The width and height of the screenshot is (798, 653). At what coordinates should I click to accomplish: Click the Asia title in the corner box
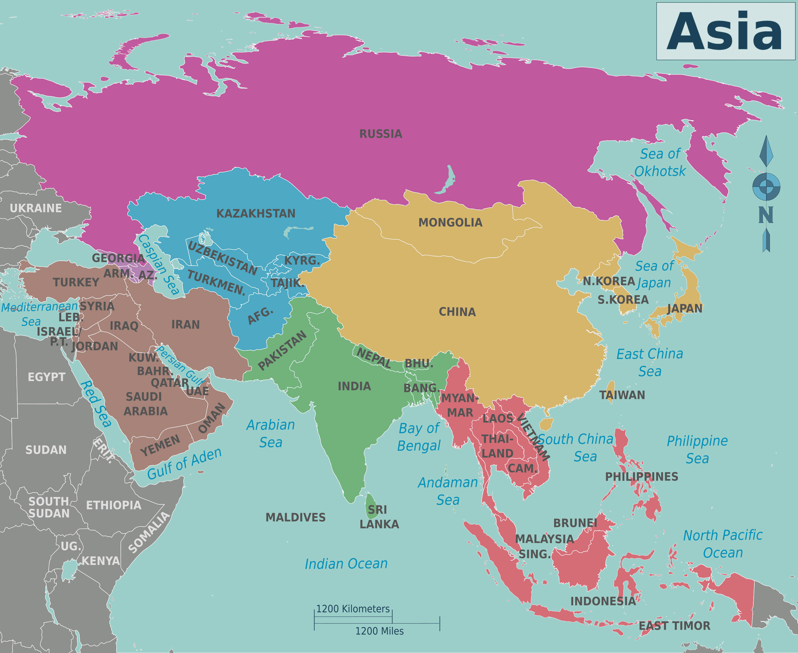[x=725, y=31]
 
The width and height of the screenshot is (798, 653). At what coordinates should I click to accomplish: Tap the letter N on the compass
[x=766, y=215]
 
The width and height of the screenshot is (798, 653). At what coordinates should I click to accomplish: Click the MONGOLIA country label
[x=450, y=222]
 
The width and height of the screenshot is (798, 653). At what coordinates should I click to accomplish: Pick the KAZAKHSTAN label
[x=256, y=213]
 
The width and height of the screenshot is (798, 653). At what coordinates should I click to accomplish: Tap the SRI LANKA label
[x=378, y=517]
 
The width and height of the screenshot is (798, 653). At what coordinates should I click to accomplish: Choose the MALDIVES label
[x=296, y=517]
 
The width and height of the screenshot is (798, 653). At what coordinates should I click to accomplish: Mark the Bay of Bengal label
[x=419, y=437]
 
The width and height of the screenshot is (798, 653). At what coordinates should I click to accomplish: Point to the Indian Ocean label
[x=346, y=563]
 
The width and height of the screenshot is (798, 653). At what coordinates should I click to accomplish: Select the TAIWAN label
[x=622, y=395]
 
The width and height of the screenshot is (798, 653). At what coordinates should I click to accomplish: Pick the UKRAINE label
[x=36, y=208]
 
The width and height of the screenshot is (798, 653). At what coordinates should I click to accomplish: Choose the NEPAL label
[x=373, y=358]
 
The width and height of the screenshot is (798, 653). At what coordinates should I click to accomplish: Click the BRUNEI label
[x=575, y=523]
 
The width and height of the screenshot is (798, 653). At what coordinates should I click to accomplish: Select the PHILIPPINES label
[x=641, y=477]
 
